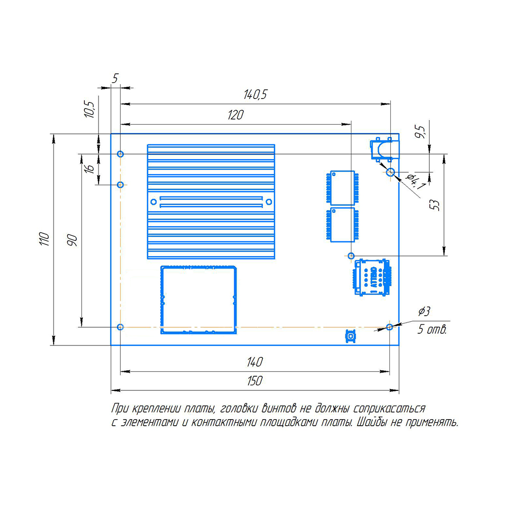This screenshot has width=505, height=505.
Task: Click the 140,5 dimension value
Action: click(255, 95)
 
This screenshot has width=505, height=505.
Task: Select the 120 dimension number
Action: click(235, 115)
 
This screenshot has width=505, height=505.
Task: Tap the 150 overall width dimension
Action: click(255, 381)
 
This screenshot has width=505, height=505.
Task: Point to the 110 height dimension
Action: click(44, 239)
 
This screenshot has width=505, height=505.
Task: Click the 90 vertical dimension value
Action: click(72, 240)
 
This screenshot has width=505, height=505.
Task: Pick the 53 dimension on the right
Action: click(434, 205)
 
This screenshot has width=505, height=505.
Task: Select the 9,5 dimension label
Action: click(420, 132)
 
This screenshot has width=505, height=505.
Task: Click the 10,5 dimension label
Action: click(89, 109)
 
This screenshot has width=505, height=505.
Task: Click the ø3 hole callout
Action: click(424, 312)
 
